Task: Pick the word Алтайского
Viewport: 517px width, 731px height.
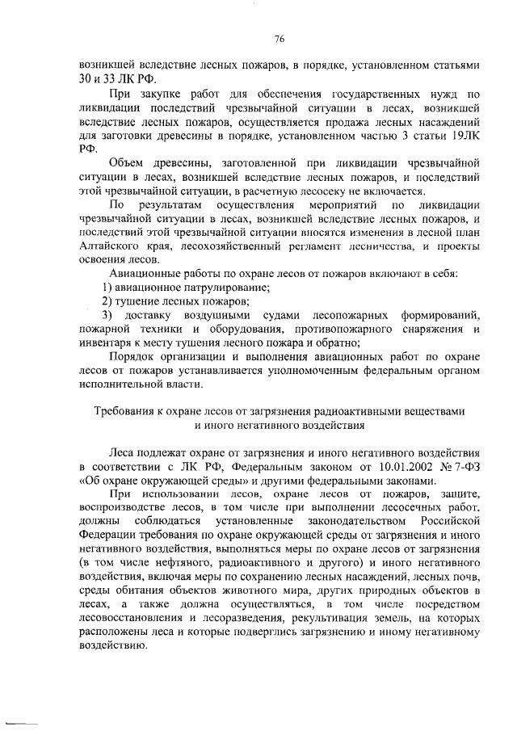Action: click(x=110, y=246)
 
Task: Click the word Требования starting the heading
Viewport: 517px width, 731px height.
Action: click(x=128, y=411)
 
